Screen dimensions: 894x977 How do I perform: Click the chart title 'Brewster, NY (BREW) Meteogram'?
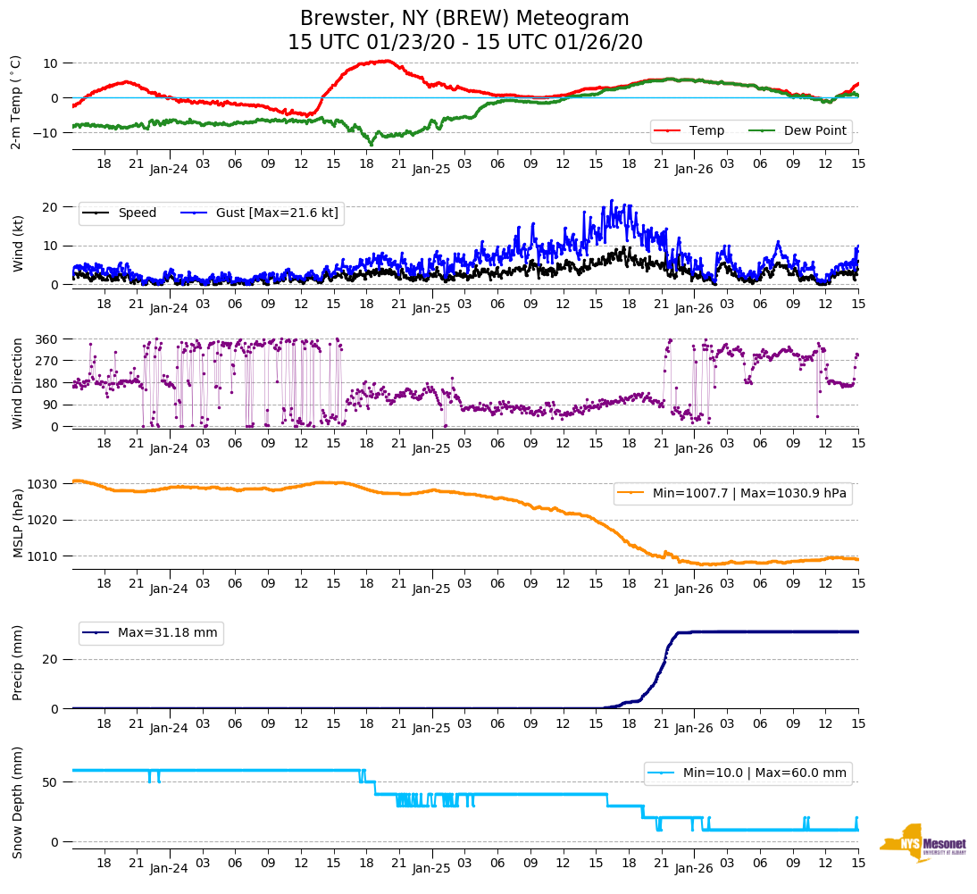tap(464, 19)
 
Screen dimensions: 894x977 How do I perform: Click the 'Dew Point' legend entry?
tap(811, 130)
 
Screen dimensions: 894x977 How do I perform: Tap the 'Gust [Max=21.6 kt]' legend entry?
tap(277, 213)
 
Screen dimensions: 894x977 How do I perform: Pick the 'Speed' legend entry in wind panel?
tap(137, 213)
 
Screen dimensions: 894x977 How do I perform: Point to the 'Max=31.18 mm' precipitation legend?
tap(167, 633)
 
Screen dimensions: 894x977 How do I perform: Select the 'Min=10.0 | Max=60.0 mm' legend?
tap(764, 773)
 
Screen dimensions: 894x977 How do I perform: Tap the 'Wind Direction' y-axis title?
tap(19, 383)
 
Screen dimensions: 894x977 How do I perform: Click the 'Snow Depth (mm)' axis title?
tap(19, 801)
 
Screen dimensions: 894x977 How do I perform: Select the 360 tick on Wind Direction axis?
tap(47, 339)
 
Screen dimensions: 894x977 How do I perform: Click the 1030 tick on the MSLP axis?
tap(43, 484)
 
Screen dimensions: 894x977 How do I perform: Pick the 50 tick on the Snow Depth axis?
tap(52, 782)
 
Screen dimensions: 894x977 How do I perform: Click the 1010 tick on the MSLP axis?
tap(43, 556)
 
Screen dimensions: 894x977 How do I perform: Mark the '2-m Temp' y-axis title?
tap(16, 102)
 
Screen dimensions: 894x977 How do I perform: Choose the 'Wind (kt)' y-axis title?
tap(19, 245)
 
